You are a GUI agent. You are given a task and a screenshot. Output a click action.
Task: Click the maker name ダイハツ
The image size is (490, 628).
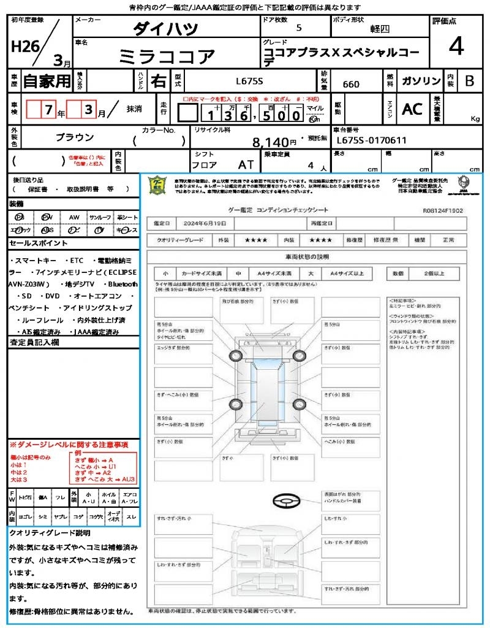pyautogui.click(x=165, y=29)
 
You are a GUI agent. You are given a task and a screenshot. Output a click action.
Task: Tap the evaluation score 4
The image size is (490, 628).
pyautogui.click(x=455, y=47)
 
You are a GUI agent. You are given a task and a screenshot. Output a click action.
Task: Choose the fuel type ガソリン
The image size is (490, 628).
pyautogui.click(x=421, y=81)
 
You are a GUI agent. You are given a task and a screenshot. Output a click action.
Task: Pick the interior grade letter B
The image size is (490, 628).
pyautogui.click(x=469, y=81)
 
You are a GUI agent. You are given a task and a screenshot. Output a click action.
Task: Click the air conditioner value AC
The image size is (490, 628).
pyautogui.click(x=412, y=109)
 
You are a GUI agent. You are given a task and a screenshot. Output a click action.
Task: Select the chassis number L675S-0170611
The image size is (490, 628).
pyautogui.click(x=371, y=140)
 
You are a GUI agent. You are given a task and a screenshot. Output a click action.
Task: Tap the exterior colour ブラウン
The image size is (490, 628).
pyautogui.click(x=75, y=137)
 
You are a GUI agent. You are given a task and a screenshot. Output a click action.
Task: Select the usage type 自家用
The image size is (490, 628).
pyautogui.click(x=47, y=81)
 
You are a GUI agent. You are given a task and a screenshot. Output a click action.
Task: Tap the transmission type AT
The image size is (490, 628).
pyautogui.click(x=246, y=164)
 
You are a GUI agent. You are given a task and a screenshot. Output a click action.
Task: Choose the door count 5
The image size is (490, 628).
pyautogui.click(x=298, y=28)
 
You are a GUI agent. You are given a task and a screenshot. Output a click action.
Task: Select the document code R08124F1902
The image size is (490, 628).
pyautogui.click(x=443, y=210)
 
